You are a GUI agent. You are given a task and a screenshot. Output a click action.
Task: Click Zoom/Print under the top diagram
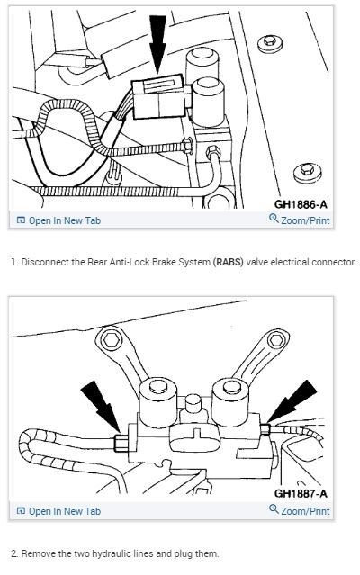coord(301,220)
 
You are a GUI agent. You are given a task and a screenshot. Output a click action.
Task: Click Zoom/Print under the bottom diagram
coord(301,511)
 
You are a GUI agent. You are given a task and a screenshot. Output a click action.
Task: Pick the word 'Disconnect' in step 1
coord(40,263)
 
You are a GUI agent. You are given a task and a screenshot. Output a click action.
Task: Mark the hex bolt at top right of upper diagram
coord(267,42)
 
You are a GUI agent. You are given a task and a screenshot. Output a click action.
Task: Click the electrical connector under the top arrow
coord(157,98)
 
